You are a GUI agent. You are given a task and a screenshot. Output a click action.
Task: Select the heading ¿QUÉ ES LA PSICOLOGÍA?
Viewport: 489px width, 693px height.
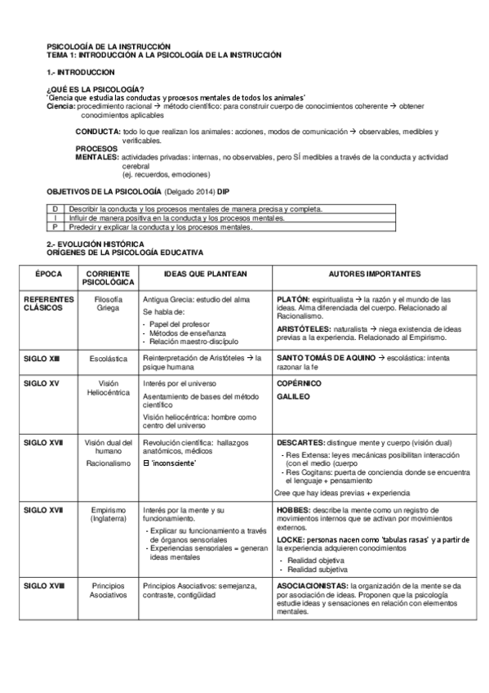pos(96,89)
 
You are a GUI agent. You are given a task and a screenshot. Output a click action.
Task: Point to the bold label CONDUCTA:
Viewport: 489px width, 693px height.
pos(98,131)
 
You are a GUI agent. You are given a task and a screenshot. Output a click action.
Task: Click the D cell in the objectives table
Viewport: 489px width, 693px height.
pos(54,209)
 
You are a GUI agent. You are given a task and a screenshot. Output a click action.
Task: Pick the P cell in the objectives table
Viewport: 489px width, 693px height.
pos(54,227)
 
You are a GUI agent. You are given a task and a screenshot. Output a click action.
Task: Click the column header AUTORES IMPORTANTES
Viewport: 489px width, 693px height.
pos(374,274)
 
